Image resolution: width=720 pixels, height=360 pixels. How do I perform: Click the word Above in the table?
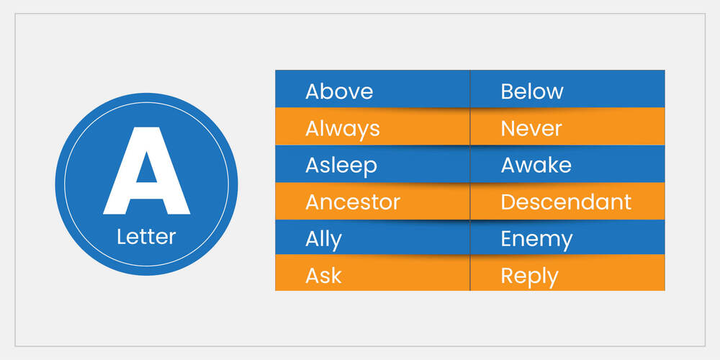coord(339,91)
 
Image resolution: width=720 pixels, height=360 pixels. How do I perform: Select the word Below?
coord(532,91)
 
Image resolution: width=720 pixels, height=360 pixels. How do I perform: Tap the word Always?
coord(343,130)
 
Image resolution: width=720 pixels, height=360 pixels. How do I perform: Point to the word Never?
coord(531,129)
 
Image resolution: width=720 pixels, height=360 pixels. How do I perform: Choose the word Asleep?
coord(341,166)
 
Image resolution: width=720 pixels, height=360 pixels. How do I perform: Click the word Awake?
coord(536,166)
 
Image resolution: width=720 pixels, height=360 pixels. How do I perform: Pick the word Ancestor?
coord(353,202)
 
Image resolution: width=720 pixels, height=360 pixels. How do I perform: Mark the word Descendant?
coord(566,202)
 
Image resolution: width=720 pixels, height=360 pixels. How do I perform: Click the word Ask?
coord(324,276)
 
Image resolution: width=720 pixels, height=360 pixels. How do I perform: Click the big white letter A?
coord(146,171)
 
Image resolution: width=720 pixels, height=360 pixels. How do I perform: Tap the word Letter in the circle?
coord(146,237)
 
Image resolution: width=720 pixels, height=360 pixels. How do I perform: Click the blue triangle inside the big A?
coord(146,168)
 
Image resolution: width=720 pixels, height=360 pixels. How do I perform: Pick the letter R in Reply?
coord(507,276)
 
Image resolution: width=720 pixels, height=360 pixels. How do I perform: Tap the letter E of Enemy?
coord(506,239)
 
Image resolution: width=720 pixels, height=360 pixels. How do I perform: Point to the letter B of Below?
coord(507,92)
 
